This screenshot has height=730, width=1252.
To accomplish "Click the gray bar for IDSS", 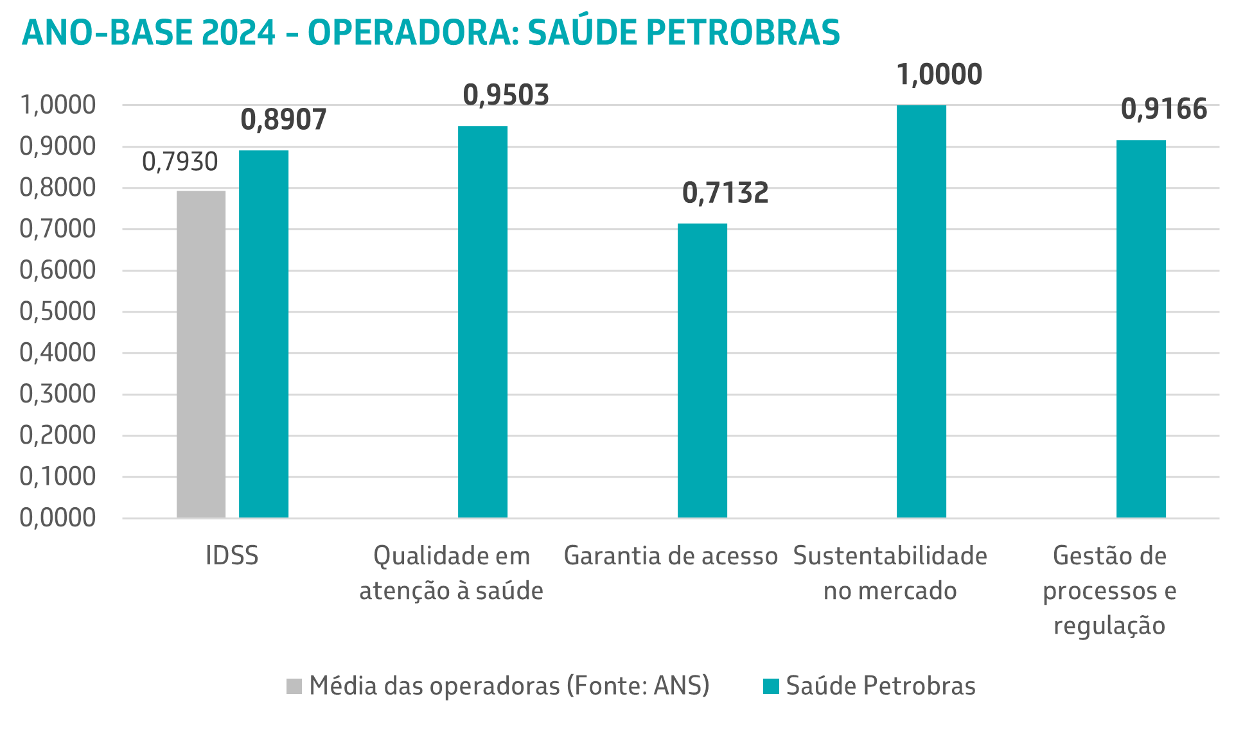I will [201, 354].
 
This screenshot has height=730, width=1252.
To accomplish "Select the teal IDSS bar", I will [263, 334].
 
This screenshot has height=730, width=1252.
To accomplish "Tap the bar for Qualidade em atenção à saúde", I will [482, 321].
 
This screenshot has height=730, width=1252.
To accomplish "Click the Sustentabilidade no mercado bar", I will [921, 311].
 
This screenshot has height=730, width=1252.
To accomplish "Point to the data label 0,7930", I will [180, 162].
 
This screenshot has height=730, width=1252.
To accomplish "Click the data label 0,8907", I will [283, 120].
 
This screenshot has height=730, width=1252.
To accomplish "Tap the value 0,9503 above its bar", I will [506, 96].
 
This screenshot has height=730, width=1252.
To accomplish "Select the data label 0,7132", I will [725, 193].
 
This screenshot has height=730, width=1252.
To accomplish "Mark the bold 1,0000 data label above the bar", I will [939, 75].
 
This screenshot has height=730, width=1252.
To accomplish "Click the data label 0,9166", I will [1164, 110].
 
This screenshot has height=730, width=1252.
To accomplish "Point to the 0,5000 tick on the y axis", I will [58, 311].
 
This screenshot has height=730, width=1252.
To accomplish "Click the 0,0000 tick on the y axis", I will [58, 517].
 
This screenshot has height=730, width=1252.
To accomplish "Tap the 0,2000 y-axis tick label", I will [58, 435].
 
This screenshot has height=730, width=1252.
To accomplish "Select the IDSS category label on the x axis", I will [232, 556].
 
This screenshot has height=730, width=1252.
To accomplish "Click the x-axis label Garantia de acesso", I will [671, 556].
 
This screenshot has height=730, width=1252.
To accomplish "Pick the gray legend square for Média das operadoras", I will [294, 686].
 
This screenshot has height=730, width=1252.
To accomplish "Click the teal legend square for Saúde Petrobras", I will [771, 686].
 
